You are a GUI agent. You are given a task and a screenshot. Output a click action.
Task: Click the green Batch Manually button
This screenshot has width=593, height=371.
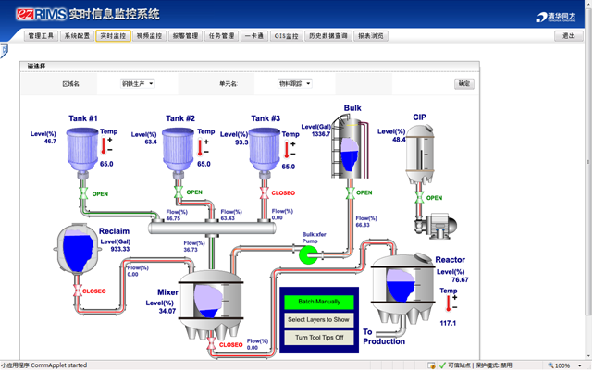pyautogui.click(x=319, y=302)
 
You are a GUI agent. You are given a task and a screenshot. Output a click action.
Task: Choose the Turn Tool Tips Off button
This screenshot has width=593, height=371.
pyautogui.click(x=319, y=338)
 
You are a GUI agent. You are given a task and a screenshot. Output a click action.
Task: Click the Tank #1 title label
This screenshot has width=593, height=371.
pyautogui.click(x=83, y=118)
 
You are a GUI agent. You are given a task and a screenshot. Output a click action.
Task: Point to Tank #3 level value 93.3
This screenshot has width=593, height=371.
pyautogui.click(x=241, y=142)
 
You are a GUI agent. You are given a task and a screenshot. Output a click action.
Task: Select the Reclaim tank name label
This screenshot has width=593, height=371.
pyautogui.click(x=114, y=231)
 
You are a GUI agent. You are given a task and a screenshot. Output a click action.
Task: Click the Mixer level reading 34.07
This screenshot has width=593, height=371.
pyautogui.click(x=167, y=311)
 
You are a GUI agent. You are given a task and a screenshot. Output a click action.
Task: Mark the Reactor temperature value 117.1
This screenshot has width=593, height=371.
pyautogui.click(x=448, y=323)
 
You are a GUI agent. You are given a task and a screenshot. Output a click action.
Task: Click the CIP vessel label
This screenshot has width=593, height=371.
pyautogui.click(x=420, y=117)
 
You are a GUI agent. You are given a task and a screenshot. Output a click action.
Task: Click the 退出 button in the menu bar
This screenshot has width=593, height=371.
pyautogui.click(x=568, y=36)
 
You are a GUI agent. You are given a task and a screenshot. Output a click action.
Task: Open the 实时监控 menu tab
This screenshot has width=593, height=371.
pyautogui.click(x=113, y=36)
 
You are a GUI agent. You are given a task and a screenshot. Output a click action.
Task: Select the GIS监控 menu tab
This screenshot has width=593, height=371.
pyautogui.click(x=287, y=36)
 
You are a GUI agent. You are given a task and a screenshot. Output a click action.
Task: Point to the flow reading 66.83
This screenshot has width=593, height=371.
pyautogui.click(x=363, y=225)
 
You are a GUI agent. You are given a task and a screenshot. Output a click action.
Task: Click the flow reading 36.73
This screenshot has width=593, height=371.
pyautogui.click(x=191, y=250)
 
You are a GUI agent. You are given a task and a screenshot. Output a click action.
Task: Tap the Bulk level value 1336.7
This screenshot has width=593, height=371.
pyautogui.click(x=321, y=134)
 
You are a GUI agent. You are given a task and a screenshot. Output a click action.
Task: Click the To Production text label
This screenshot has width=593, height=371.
pyautogui.click(x=383, y=337)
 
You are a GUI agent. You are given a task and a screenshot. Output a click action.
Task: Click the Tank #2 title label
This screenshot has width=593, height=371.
pyautogui.click(x=180, y=118)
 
